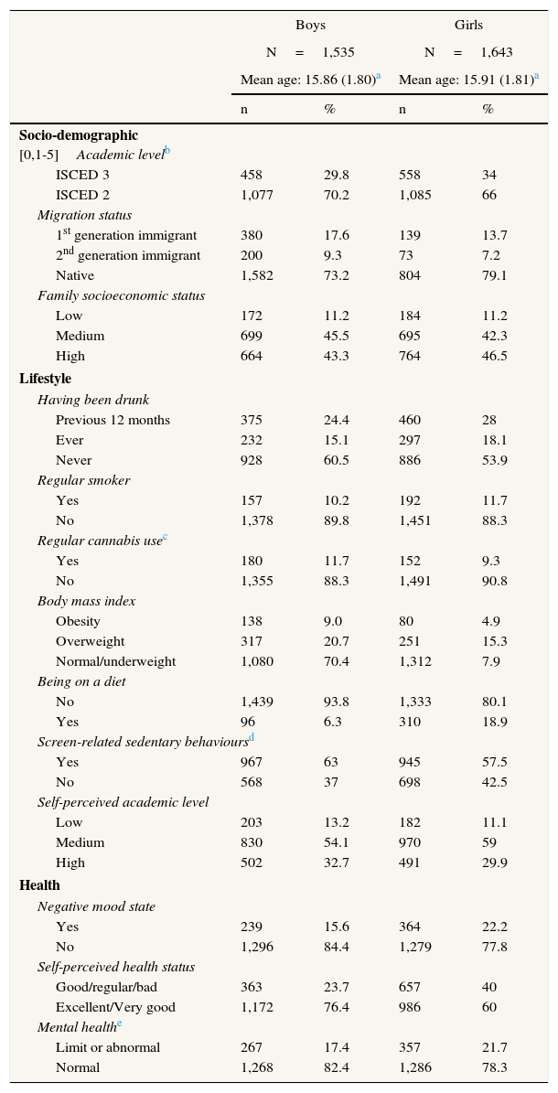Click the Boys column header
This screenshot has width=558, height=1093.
[x=310, y=26]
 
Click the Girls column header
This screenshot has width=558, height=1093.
[x=468, y=26]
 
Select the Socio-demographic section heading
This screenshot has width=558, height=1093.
[x=79, y=135]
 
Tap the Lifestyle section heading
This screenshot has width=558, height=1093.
[x=45, y=379]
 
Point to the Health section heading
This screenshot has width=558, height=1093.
[x=39, y=885]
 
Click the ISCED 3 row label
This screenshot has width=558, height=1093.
[x=82, y=175]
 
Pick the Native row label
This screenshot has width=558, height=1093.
[x=74, y=275]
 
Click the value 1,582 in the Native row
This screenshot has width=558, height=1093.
[x=256, y=275]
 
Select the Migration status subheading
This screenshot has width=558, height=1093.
[x=84, y=215]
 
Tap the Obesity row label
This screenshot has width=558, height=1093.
[x=78, y=621]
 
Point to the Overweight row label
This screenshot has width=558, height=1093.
[x=90, y=641]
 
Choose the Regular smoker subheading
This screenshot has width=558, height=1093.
[x=83, y=480]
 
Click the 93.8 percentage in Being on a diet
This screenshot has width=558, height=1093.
[x=336, y=702]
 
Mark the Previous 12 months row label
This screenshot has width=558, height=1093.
[x=113, y=420]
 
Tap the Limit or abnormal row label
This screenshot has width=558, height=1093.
[x=108, y=1047]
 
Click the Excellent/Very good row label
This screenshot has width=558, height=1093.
[x=115, y=1007]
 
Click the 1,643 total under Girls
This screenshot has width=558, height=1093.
[x=498, y=53]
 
